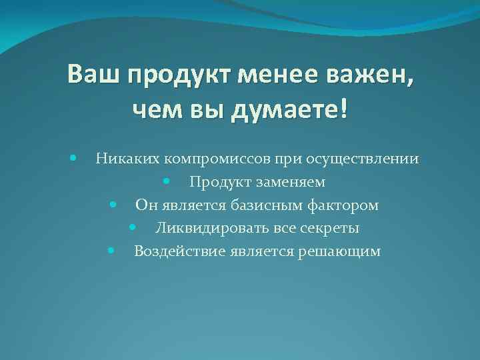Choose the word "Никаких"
[x=127, y=159]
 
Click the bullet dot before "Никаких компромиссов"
[x=72, y=158]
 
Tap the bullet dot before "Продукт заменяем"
[x=165, y=181]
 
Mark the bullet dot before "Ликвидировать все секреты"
[x=133, y=227]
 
